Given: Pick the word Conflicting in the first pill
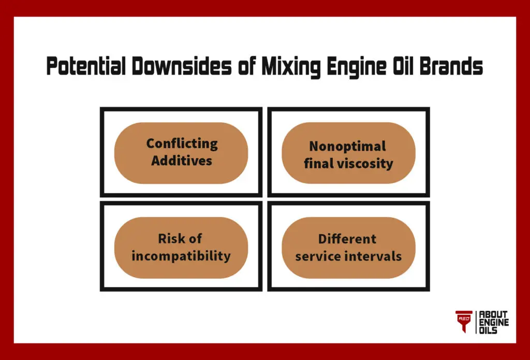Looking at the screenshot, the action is [x=182, y=144].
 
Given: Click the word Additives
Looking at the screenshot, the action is [x=182, y=161].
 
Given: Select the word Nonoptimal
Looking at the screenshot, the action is [x=347, y=147].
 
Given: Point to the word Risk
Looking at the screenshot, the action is [x=170, y=239].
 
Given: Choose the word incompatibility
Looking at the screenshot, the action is [x=181, y=256].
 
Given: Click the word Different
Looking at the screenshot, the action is [x=347, y=239].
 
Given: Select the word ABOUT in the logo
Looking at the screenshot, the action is [x=493, y=314].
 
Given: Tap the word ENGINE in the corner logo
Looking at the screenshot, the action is [x=494, y=322].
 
